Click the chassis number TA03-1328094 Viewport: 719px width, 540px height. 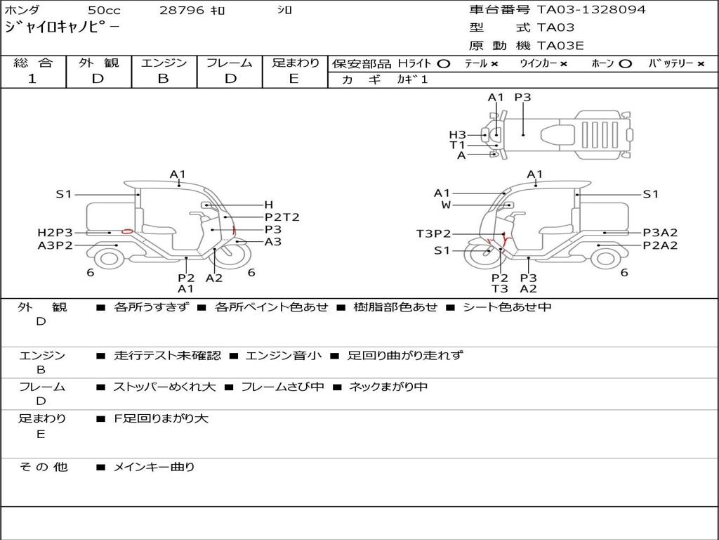(x=591, y=10)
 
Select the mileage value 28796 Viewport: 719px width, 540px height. (x=182, y=11)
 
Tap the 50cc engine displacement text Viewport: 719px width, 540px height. (x=103, y=11)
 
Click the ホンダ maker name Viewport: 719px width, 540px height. (x=22, y=11)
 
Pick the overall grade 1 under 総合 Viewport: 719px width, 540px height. (x=32, y=79)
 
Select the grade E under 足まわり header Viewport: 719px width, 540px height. (x=294, y=79)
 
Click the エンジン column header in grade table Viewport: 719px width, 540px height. (x=164, y=63)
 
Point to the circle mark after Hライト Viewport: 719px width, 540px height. (x=443, y=63)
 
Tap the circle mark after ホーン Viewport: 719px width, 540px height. (x=625, y=63)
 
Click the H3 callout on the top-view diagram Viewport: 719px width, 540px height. (x=458, y=134)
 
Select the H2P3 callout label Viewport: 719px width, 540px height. (x=55, y=232)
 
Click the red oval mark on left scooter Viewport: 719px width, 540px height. (x=127, y=231)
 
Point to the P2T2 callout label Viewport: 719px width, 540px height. (x=282, y=217)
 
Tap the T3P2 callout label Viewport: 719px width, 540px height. (x=433, y=234)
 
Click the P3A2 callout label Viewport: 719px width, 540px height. (x=660, y=233)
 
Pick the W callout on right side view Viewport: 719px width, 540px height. (x=446, y=205)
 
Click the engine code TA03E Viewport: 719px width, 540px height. (x=560, y=46)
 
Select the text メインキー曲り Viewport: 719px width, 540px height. (x=154, y=467)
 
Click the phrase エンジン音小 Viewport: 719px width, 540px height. (x=283, y=356)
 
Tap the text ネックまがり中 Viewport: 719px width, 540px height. (x=388, y=387)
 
